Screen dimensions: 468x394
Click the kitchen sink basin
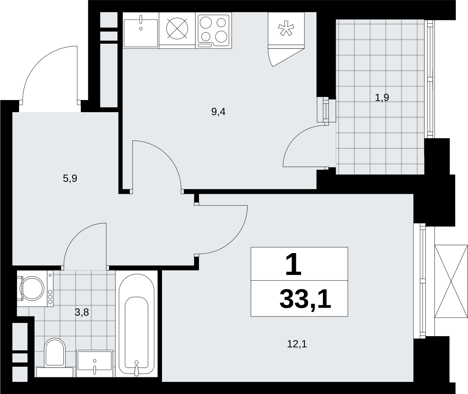pyautogui.click(x=141, y=33)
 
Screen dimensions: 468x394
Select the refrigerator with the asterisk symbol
pyautogui.click(x=286, y=30)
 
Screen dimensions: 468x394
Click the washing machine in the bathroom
pyautogui.click(x=35, y=288)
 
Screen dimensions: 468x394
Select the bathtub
pyautogui.click(x=136, y=324)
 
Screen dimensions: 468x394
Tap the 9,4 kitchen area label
pyautogui.click(x=218, y=112)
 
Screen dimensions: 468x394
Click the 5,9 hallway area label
pyautogui.click(x=70, y=179)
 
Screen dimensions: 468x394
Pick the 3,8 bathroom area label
pyautogui.click(x=82, y=312)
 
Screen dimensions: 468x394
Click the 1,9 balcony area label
pyautogui.click(x=382, y=98)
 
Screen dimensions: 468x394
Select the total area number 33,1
pyautogui.click(x=305, y=299)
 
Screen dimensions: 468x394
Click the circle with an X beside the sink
pyautogui.click(x=177, y=28)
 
